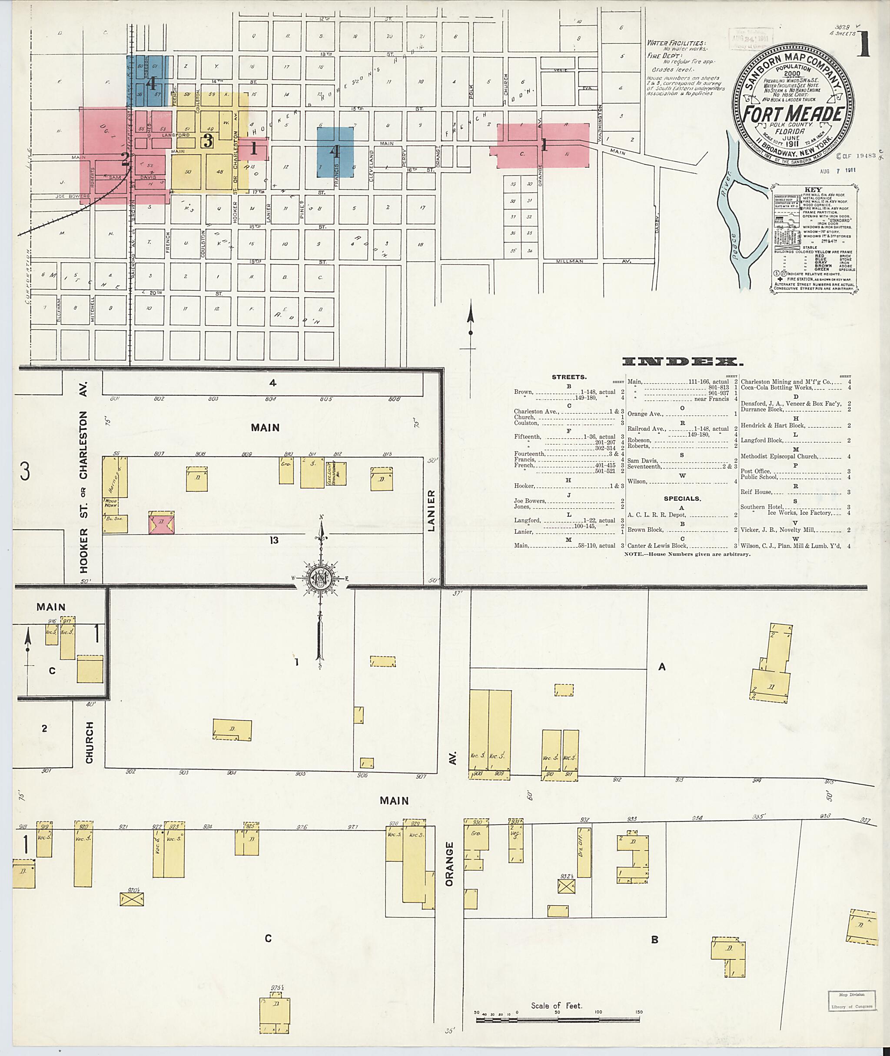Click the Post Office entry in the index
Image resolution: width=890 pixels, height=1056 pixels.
(x=755, y=471)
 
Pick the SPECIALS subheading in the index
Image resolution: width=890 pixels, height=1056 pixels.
(x=682, y=498)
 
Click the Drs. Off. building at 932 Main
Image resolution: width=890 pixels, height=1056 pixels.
(x=584, y=853)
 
